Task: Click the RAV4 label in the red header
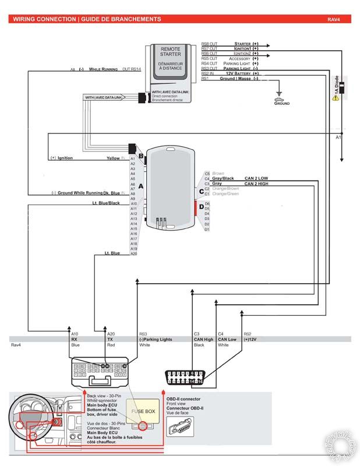coord(333,19)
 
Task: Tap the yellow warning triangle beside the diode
coord(335,98)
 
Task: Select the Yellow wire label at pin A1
coord(112,158)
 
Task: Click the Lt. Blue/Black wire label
coord(106,203)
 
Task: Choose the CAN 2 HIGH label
coord(257,183)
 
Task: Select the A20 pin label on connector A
coord(133,253)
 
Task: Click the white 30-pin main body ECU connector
coord(105,371)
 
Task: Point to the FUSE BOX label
coord(143,411)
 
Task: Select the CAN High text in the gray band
coord(203,338)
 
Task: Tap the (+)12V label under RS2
coord(251,338)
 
